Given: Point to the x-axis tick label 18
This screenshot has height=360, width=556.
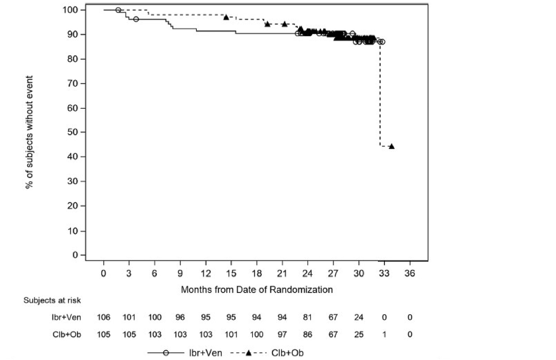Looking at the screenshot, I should click(257, 274).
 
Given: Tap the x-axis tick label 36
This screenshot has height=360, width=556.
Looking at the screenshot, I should click(409, 274).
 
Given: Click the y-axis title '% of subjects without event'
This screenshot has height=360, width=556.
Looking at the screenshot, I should click(29, 132).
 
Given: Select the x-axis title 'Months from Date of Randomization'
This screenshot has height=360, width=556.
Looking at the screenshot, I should click(257, 290).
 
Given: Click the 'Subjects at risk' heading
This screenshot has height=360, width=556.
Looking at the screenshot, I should click(52, 301).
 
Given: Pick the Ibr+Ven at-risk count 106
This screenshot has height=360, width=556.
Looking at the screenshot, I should click(104, 317).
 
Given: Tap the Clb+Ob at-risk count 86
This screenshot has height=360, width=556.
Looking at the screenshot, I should click(307, 334).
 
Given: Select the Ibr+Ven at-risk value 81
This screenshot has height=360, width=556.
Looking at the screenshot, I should click(307, 317).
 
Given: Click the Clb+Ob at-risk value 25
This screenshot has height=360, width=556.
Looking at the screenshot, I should click(358, 334).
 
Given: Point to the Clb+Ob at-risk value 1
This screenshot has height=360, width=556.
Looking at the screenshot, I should click(384, 334).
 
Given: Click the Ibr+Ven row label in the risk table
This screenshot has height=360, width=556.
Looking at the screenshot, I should click(66, 317).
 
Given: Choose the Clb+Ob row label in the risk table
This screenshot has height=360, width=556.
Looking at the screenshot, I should click(67, 334).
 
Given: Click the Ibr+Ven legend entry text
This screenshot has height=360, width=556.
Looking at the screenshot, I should click(205, 353).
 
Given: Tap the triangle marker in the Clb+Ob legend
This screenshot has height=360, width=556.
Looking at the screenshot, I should click(249, 353).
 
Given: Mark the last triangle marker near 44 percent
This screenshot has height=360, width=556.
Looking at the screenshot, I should click(392, 146).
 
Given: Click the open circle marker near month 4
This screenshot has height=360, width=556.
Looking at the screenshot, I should click(136, 19).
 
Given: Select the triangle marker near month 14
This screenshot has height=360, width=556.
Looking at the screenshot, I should click(226, 17).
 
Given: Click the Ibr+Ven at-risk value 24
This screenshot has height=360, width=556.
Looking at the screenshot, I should click(358, 317).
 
